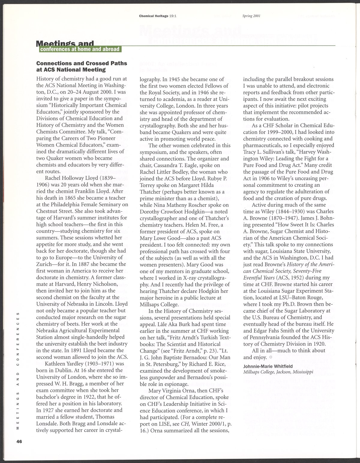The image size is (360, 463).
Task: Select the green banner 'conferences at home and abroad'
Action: coord(80,49)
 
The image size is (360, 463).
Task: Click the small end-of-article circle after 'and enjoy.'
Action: coord(271,357)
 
